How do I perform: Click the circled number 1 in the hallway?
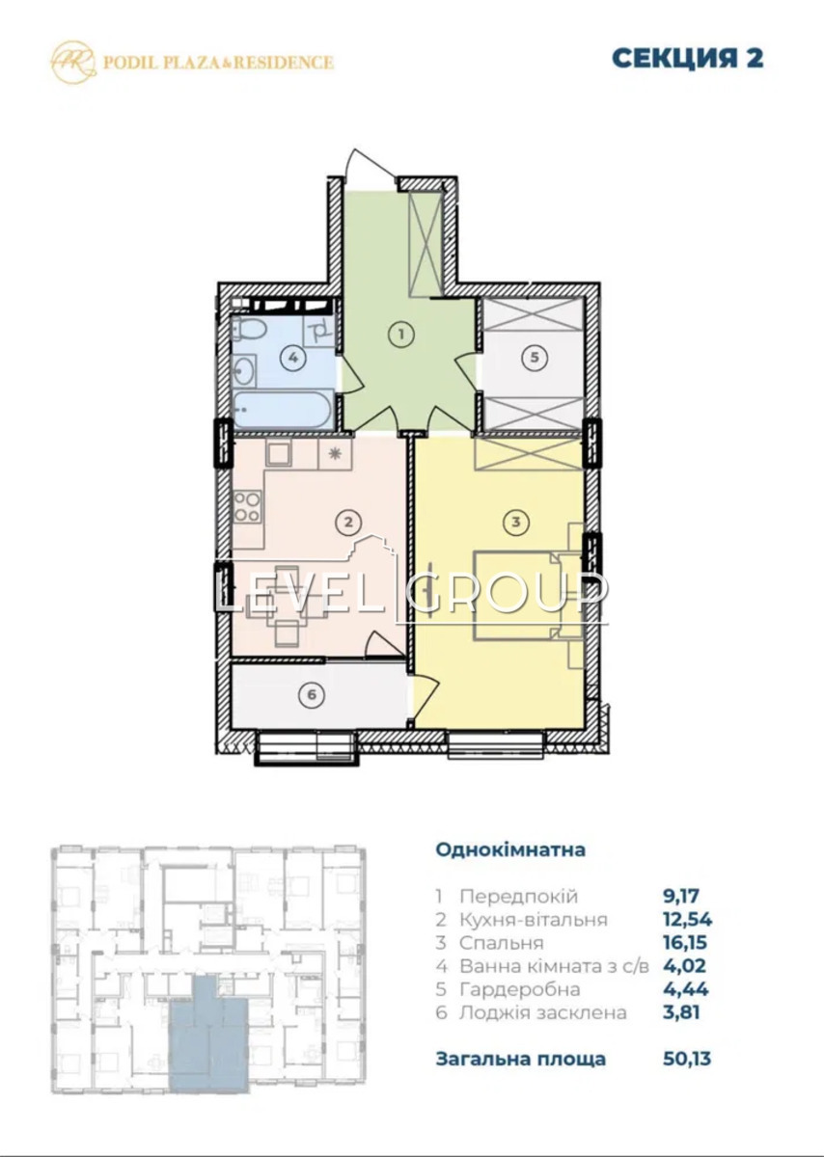[401, 335]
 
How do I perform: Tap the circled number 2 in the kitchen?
[348, 523]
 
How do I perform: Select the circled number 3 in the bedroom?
[515, 523]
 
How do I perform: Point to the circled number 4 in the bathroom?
[293, 358]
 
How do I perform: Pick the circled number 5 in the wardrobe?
[535, 357]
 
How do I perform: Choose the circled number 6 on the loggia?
[312, 695]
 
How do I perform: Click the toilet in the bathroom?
[244, 329]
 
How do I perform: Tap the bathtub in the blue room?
[286, 410]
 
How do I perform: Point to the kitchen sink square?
[279, 454]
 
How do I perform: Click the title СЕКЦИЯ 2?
[688, 58]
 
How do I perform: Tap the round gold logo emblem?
[73, 62]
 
